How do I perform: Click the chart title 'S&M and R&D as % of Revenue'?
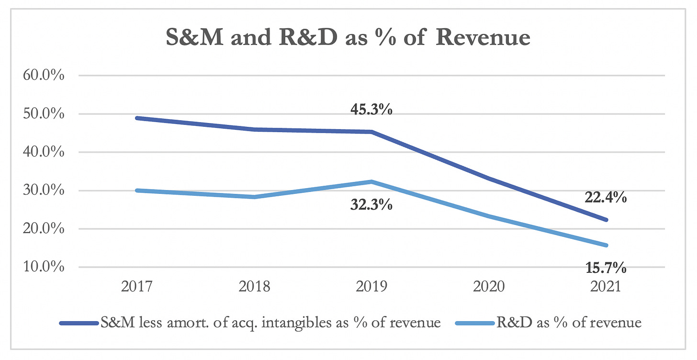(x=348, y=37)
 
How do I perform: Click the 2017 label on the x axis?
(x=137, y=287)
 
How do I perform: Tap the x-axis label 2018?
(x=254, y=287)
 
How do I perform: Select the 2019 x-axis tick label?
(x=372, y=287)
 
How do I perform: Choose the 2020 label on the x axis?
(x=489, y=287)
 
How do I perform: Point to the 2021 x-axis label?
(x=606, y=287)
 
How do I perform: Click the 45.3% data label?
(x=372, y=110)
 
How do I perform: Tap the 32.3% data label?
(x=372, y=206)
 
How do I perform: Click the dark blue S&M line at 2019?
(x=372, y=132)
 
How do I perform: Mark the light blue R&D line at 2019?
(x=372, y=182)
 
